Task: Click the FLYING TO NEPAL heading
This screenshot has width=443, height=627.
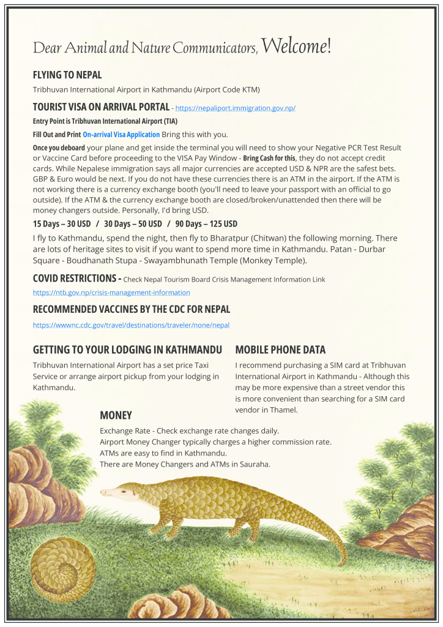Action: (67, 75)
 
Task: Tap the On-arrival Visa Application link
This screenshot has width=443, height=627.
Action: (121, 134)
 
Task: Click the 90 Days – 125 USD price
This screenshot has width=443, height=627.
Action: (206, 223)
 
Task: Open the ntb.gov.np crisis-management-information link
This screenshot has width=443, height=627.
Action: (111, 293)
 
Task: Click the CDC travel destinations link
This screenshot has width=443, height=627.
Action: (131, 325)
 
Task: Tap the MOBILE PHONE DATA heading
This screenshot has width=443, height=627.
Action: (280, 350)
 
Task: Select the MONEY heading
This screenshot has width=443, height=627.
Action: (116, 415)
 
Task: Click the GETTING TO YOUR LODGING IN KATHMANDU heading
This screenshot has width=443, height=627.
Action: (127, 350)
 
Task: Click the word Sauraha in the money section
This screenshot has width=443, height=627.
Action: (254, 464)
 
